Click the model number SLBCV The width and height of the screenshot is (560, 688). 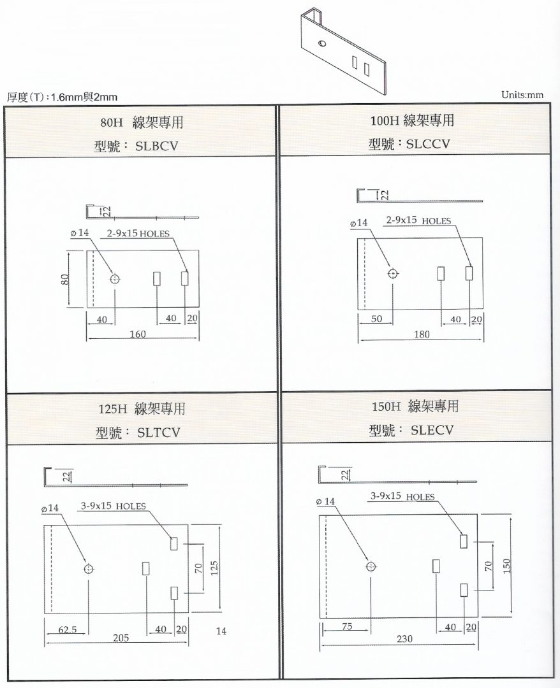tap(157, 146)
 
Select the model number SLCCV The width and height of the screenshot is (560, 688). tap(428, 144)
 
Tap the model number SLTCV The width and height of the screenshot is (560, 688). tap(159, 433)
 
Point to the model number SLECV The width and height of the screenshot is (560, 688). tap(432, 430)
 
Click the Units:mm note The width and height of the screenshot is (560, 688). tap(522, 95)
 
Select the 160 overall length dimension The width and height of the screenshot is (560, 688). tap(138, 334)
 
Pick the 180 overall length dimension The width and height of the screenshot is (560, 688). tap(422, 334)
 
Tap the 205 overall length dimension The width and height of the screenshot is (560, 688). tap(121, 638)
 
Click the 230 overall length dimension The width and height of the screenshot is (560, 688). tap(404, 639)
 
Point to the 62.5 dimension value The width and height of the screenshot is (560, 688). tap(68, 629)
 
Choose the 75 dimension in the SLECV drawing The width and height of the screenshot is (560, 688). tap(347, 627)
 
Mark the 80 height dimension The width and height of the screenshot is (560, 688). tap(64, 279)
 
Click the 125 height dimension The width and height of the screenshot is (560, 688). tap(214, 568)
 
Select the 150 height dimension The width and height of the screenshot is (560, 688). tap(506, 566)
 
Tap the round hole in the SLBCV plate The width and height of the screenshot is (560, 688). tap(115, 278)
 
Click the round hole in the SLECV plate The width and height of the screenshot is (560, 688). tap(371, 566)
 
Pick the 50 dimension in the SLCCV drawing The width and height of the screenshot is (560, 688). tap(376, 319)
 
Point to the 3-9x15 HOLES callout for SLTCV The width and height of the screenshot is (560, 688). tap(114, 506)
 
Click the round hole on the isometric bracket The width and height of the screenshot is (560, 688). tap(322, 44)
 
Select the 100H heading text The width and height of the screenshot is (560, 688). tap(385, 120)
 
